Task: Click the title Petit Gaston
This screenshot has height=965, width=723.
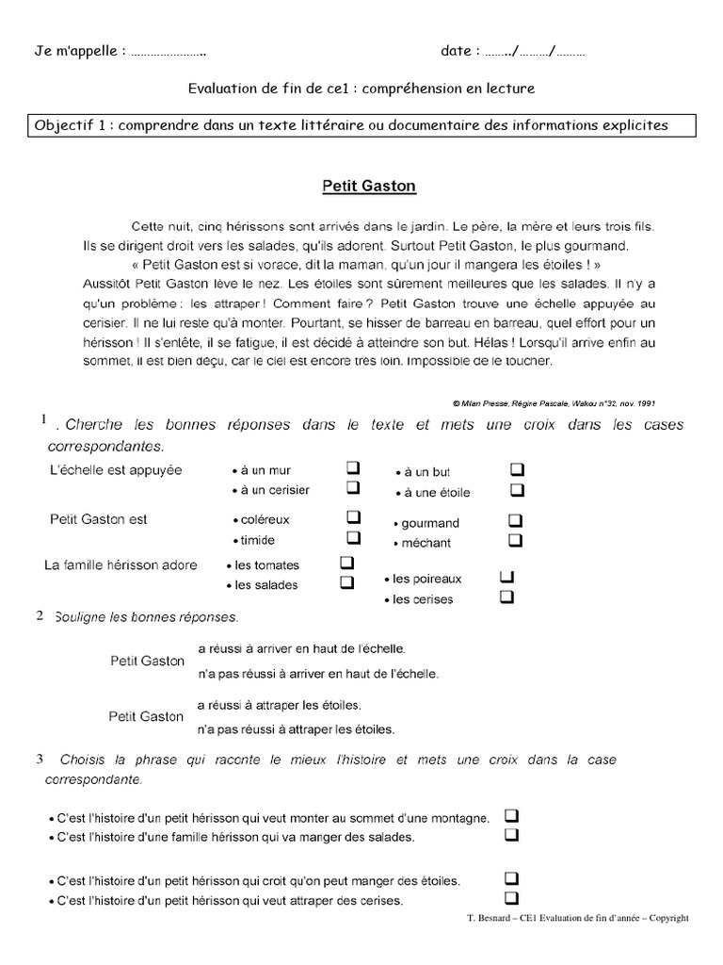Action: pos(368,187)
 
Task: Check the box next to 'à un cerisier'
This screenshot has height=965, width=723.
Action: pos(353,488)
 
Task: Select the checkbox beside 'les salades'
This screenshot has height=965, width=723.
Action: pos(346,582)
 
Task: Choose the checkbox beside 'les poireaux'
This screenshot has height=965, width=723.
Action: pos(507,577)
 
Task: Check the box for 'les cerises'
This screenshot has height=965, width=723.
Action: pos(507,597)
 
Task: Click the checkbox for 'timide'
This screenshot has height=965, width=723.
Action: pos(353,538)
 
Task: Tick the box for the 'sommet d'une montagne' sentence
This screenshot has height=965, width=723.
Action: pos(512,815)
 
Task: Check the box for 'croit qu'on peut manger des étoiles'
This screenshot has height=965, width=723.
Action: pos(512,878)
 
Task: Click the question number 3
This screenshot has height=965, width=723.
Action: pos(40,758)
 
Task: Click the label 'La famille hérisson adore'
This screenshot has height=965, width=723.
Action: pos(121,565)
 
